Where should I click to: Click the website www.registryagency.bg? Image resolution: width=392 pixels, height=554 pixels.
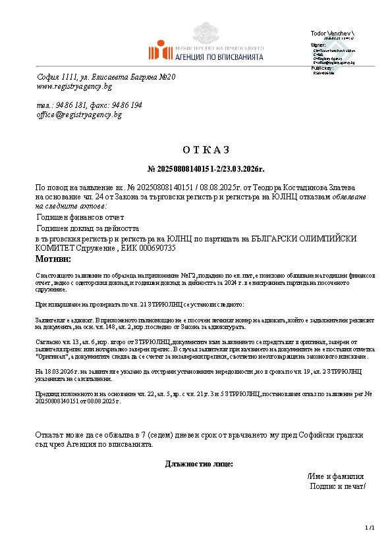pos(74,87)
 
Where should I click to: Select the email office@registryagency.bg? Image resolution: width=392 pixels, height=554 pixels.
pos(79,114)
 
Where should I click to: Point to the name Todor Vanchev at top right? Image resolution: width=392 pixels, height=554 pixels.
pos(331,33)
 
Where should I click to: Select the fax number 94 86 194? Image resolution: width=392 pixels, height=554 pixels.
pos(127,105)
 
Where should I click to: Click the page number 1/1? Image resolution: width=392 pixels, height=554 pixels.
pos(369,528)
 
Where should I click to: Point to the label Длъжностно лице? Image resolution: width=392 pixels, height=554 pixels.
pos(198,464)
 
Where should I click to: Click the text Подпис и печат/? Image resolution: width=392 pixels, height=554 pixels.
pos(337,486)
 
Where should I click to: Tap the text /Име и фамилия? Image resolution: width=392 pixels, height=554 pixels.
pos(335,476)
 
